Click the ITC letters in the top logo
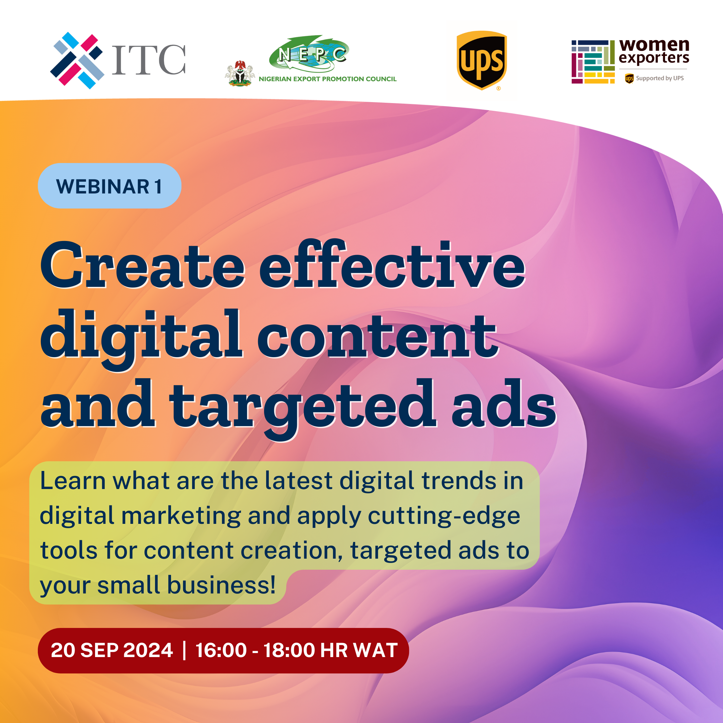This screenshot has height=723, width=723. [x=149, y=60]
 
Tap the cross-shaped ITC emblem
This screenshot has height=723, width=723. [x=77, y=60]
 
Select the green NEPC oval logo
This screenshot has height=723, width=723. [x=309, y=54]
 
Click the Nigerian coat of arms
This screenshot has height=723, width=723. [x=240, y=73]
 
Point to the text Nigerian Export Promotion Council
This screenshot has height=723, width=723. [x=327, y=79]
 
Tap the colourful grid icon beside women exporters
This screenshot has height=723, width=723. [x=593, y=62]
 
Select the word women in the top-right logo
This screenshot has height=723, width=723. [x=654, y=45]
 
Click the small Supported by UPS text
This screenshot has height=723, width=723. [x=660, y=78]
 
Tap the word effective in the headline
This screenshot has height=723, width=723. [x=392, y=263]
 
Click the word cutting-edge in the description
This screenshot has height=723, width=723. [x=444, y=516]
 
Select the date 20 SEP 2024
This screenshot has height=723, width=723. [x=112, y=650]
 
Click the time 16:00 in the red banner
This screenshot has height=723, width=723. [x=221, y=650]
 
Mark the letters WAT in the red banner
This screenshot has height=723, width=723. [x=375, y=650]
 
